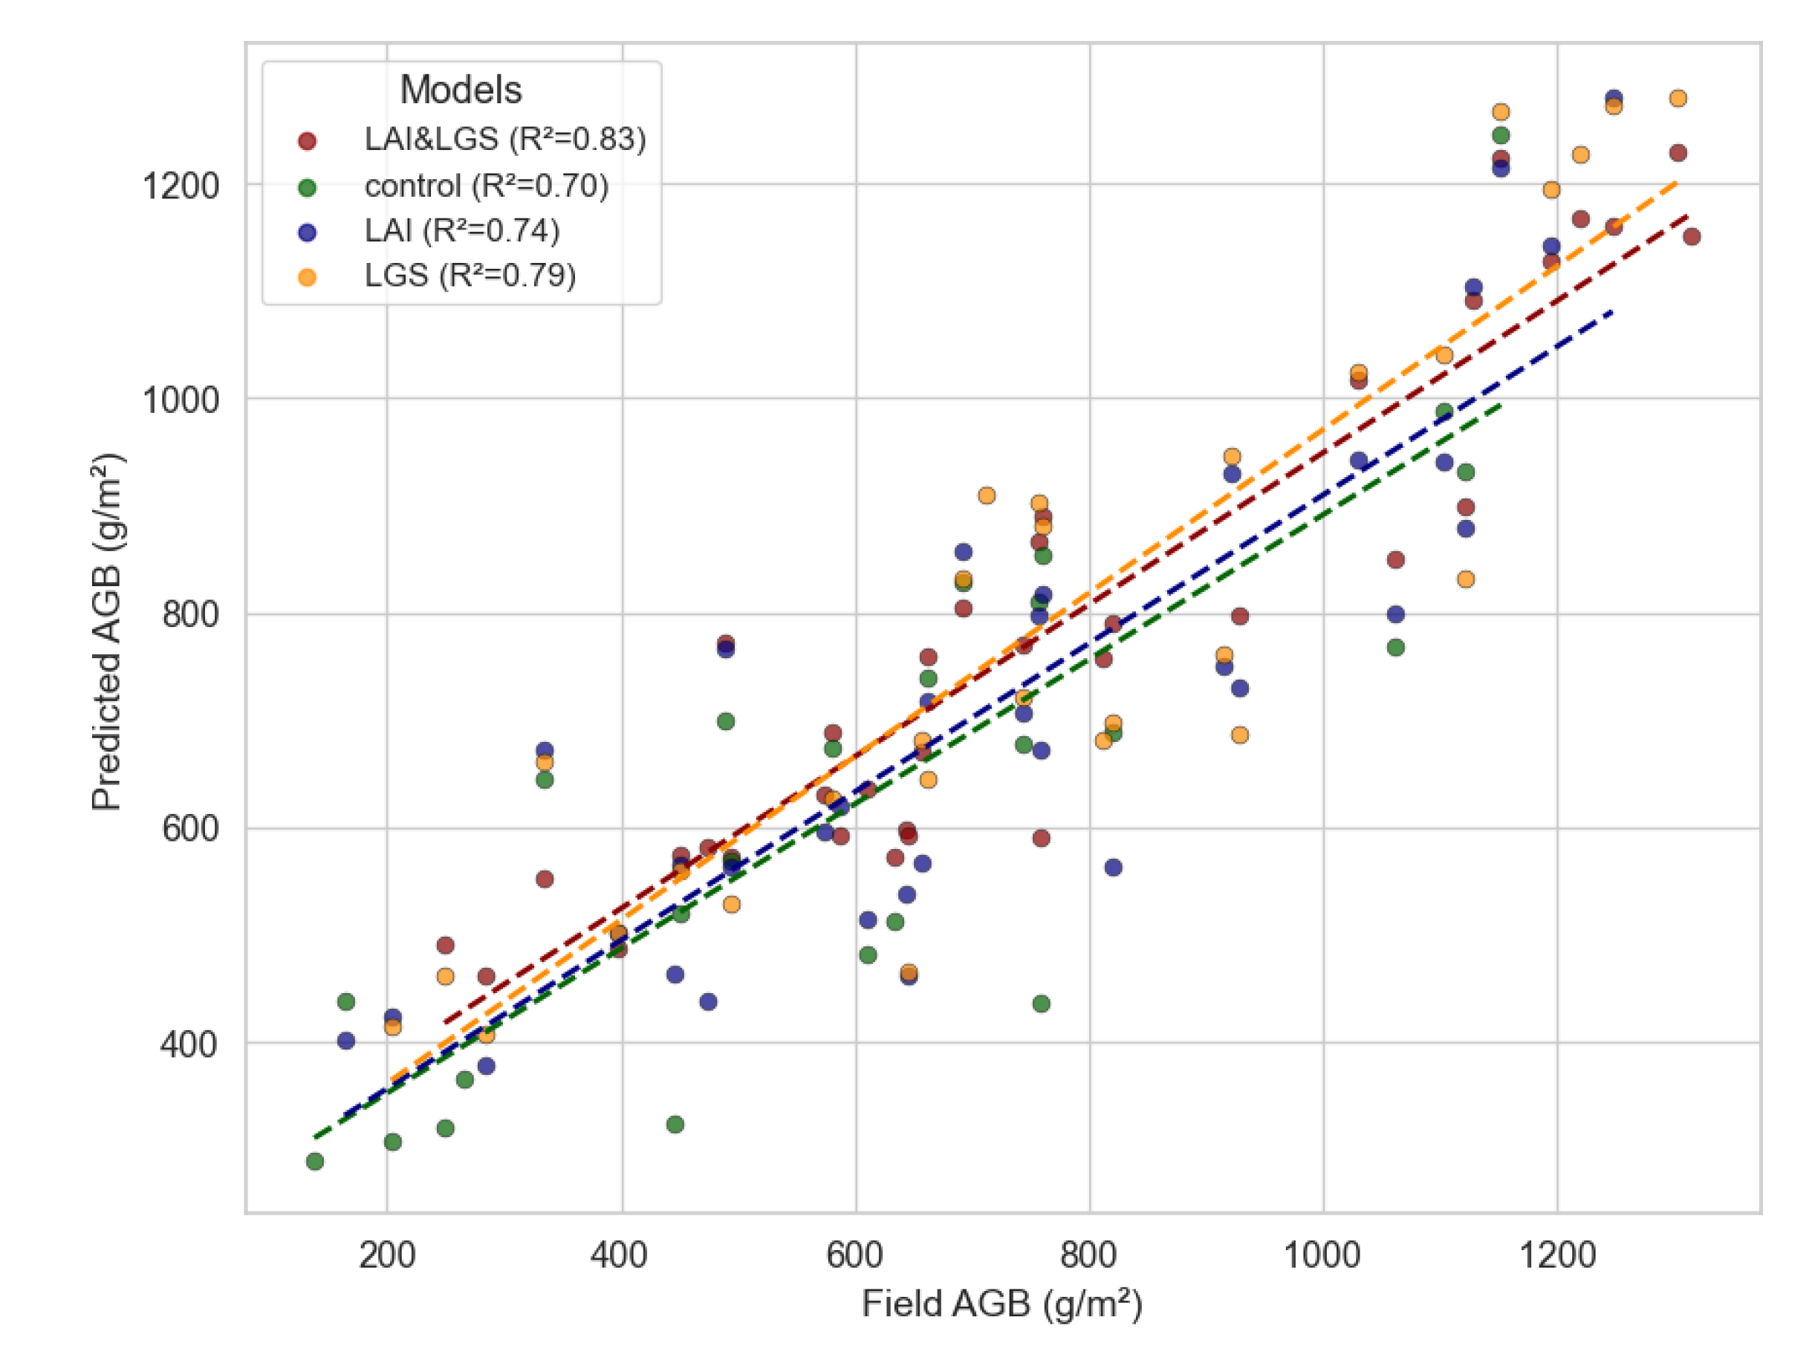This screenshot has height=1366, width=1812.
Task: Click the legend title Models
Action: click(x=461, y=90)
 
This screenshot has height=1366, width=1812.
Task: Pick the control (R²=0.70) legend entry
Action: click(x=487, y=186)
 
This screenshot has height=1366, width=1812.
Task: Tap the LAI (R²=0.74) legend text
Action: click(x=462, y=231)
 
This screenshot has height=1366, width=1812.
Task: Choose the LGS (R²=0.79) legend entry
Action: click(x=470, y=276)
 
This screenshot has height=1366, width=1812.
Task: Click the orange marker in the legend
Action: click(x=307, y=278)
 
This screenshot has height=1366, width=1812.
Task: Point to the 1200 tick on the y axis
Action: click(x=181, y=186)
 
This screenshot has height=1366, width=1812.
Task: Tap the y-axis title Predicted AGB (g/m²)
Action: click(x=107, y=631)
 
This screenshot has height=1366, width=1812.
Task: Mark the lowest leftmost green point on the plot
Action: click(x=314, y=1161)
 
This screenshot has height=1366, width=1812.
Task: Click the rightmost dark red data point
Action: click(x=1692, y=237)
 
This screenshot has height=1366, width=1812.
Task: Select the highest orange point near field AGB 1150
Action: click(x=1501, y=112)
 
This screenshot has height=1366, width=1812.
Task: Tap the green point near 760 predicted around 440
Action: click(x=1041, y=1004)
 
